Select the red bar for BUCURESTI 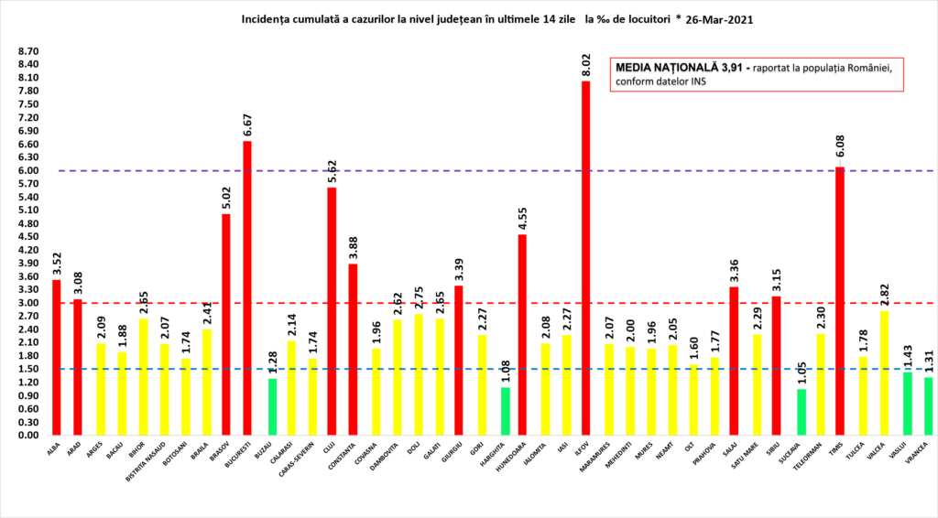coord(247,288)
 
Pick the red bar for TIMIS coord(839,301)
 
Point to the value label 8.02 coord(585,65)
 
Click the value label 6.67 coord(247,125)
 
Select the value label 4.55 coord(522,219)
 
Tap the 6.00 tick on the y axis coord(28,170)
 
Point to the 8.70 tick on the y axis coord(28,51)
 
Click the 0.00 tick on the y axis coord(28,436)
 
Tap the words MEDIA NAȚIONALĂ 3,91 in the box coord(682,68)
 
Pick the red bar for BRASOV coord(226,325)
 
